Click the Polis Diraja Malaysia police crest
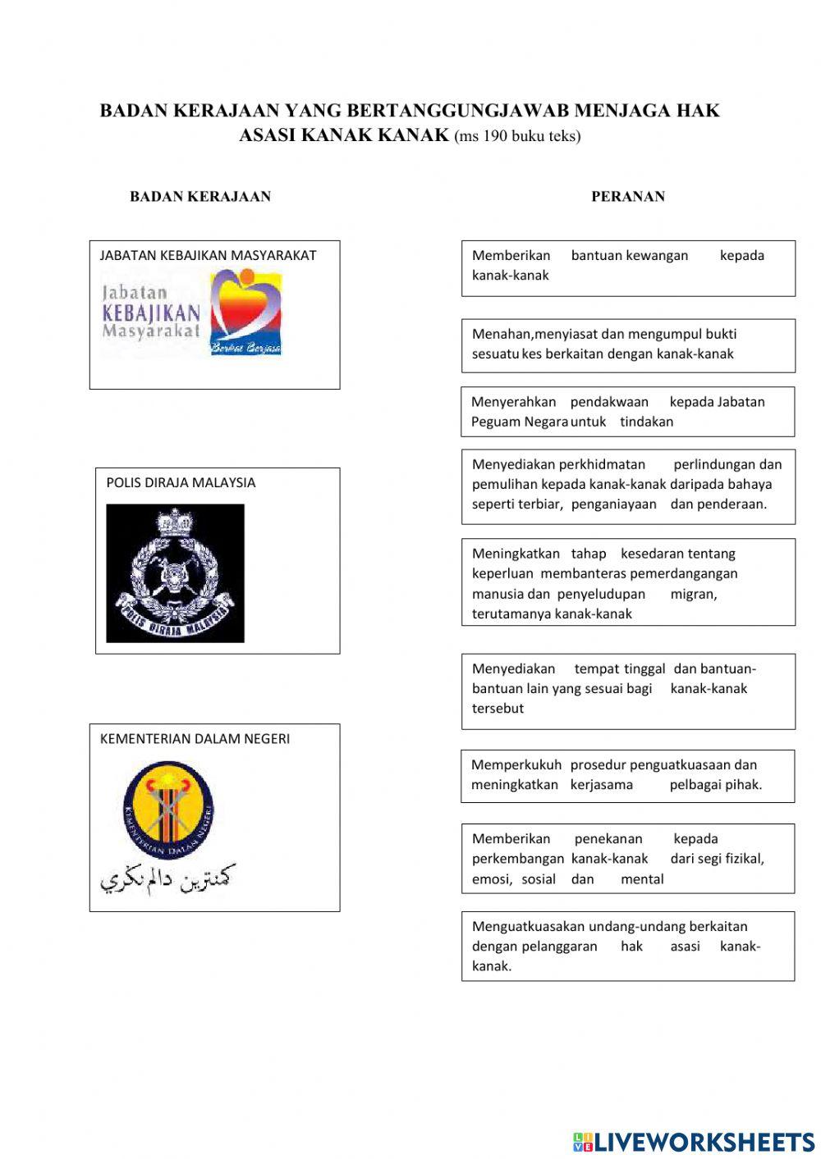[x=175, y=573]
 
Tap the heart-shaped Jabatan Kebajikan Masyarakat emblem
[x=245, y=313]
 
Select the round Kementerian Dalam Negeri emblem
[x=168, y=810]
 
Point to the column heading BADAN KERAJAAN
[x=200, y=197]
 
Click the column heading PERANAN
[x=628, y=197]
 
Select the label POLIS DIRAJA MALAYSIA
[x=181, y=482]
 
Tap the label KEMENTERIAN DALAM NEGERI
[x=195, y=738]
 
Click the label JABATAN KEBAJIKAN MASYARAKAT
[x=208, y=255]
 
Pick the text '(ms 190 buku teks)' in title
[x=517, y=136]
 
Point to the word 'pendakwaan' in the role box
[x=609, y=402]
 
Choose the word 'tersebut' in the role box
[x=498, y=708]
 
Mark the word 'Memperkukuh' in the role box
[x=516, y=764]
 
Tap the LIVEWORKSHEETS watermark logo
[x=694, y=1142]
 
